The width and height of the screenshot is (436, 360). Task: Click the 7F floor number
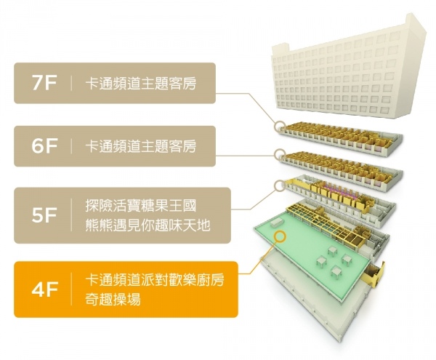click(x=44, y=83)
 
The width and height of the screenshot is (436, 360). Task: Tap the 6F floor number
click(x=44, y=146)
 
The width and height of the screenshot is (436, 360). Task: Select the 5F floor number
click(x=44, y=215)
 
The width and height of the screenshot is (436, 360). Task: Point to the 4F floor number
click(x=44, y=289)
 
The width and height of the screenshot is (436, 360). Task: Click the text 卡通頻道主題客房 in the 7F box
click(x=141, y=83)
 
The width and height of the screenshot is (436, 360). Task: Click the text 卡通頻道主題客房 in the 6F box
click(x=141, y=145)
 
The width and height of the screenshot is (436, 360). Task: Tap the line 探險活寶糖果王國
click(x=141, y=205)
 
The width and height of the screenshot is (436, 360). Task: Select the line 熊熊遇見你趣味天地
click(x=148, y=225)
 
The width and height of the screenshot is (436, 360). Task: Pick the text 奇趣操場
click(x=113, y=300)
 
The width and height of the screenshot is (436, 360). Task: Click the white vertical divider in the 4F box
click(x=71, y=289)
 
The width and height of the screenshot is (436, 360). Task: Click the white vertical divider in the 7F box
click(x=71, y=83)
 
